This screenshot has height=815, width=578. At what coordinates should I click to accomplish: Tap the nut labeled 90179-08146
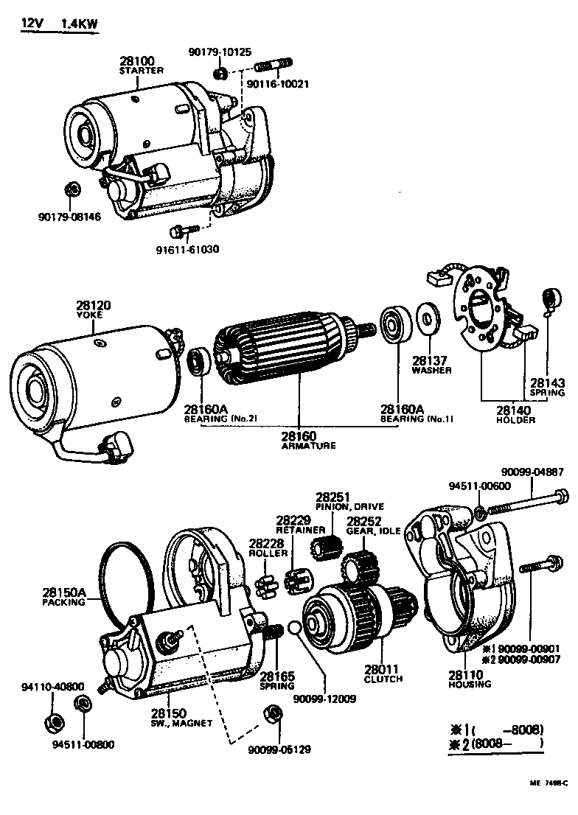[72, 190]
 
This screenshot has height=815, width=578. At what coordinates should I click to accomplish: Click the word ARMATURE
[308, 446]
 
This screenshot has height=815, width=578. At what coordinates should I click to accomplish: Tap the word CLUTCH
[383, 678]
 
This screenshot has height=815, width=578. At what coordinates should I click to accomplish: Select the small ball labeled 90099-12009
[294, 628]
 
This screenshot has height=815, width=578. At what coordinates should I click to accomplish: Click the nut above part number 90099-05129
[274, 713]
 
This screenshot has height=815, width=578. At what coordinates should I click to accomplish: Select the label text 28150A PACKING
[64, 596]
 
